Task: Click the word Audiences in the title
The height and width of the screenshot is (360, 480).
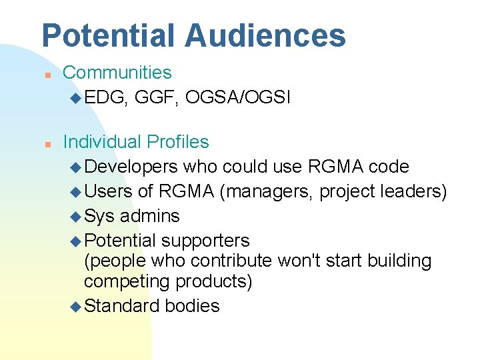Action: pyautogui.click(x=265, y=35)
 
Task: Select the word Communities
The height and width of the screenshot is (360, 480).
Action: pyautogui.click(x=117, y=73)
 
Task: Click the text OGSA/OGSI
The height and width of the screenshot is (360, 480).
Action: pyautogui.click(x=238, y=98)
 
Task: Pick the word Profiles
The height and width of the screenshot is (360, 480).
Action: pyautogui.click(x=177, y=142)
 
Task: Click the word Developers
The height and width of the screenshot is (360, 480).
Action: pyautogui.click(x=131, y=167)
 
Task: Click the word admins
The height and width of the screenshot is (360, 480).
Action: pyautogui.click(x=149, y=216)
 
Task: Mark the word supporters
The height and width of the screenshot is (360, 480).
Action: pyautogui.click(x=205, y=240)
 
